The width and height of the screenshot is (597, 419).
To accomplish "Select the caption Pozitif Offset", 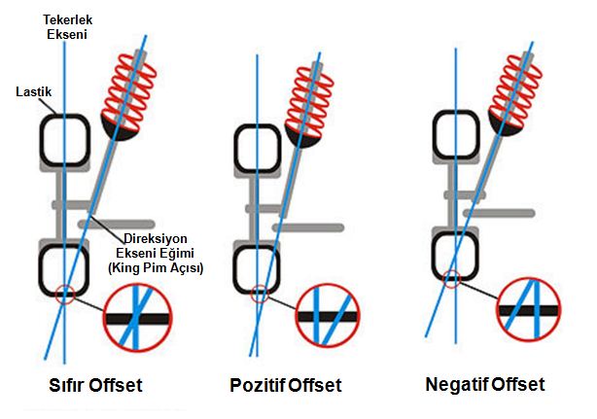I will pyautogui.click(x=286, y=386).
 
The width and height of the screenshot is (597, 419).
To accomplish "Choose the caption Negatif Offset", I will pyautogui.click(x=485, y=384).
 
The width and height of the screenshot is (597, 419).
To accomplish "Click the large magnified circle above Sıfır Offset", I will pyautogui.click(x=137, y=322).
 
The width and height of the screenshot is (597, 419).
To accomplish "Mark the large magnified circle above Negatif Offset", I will pyautogui.click(x=530, y=310).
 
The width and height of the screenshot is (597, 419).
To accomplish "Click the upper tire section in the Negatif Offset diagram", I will pyautogui.click(x=457, y=140).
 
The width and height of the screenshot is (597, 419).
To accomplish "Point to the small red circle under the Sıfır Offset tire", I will pyautogui.click(x=64, y=293).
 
